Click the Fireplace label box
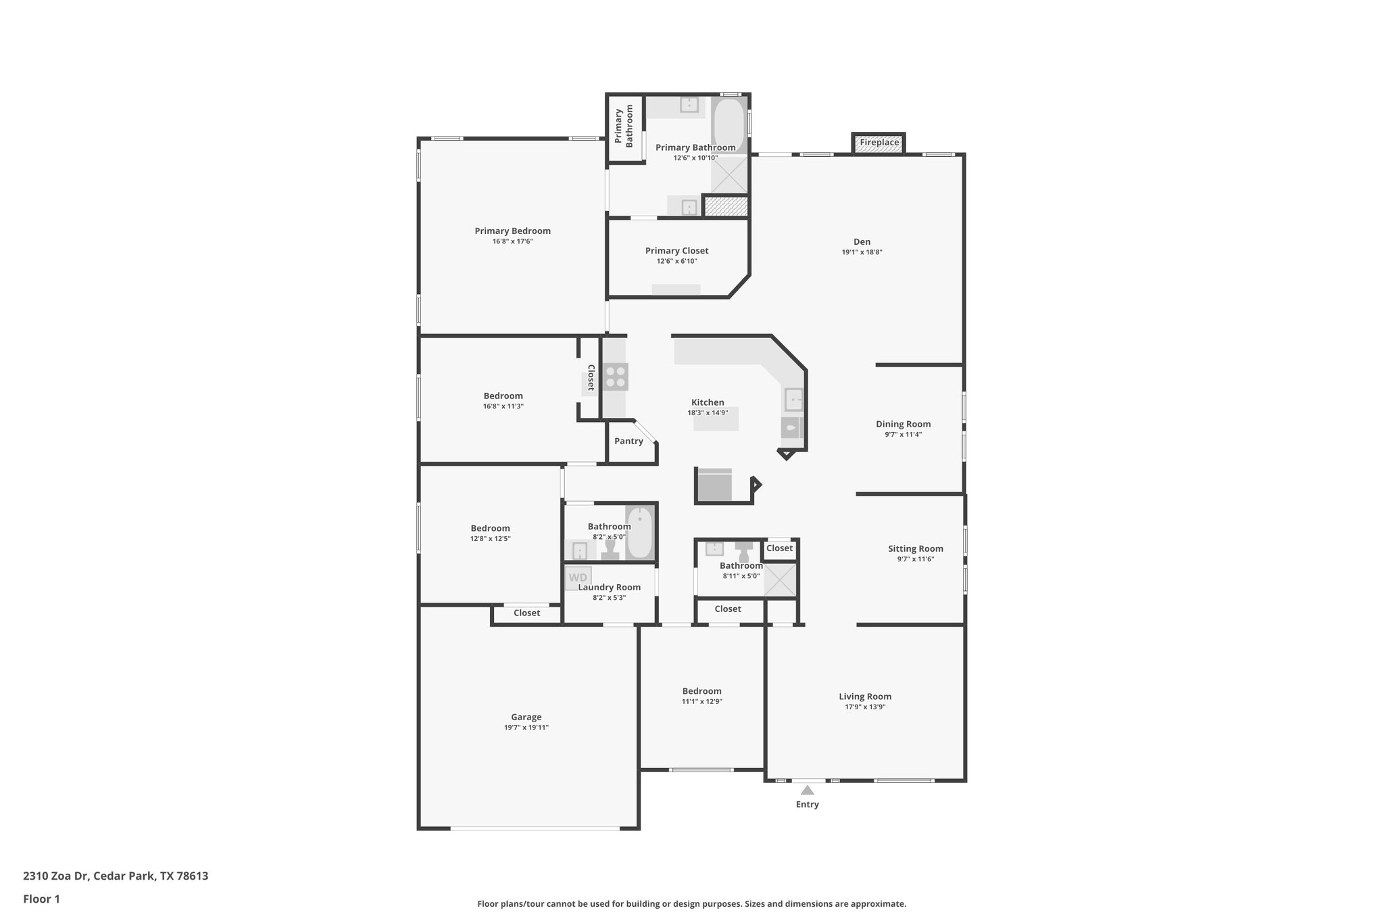(879, 143)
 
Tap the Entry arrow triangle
(807, 790)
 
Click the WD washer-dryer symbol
(578, 577)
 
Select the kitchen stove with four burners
(616, 377)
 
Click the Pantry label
(628, 442)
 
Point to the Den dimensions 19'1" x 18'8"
(862, 252)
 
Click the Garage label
(526, 717)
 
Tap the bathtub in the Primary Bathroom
(728, 125)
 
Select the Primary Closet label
(676, 251)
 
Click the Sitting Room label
(915, 549)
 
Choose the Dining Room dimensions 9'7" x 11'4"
(903, 435)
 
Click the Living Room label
(865, 696)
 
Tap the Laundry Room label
(609, 588)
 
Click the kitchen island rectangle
(716, 419)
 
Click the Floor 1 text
(41, 899)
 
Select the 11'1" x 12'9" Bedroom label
(701, 691)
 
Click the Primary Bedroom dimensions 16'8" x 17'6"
(512, 241)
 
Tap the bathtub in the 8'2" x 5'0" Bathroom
(639, 533)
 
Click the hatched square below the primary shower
(726, 206)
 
